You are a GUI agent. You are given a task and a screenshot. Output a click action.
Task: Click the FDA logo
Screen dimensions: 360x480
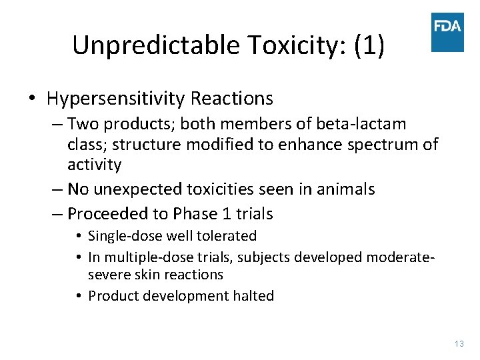(x=447, y=31)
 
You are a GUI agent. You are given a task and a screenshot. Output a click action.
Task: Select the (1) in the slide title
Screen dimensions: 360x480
(x=369, y=45)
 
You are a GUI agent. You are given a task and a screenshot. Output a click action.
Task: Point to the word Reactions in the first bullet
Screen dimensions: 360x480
(x=231, y=99)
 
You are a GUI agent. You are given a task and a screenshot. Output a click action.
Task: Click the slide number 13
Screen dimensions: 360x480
(x=459, y=343)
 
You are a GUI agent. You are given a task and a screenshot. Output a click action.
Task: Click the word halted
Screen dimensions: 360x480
(x=255, y=296)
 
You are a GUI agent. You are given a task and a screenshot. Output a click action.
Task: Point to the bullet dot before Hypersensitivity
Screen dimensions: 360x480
(x=32, y=99)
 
